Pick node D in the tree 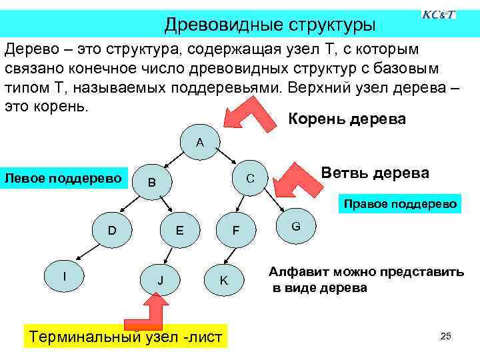113,231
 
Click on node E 179,231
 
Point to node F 235,231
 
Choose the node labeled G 296,227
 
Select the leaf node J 160,281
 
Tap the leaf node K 224,281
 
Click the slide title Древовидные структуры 270,25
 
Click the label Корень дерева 346,119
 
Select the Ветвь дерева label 375,173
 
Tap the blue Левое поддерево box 64,178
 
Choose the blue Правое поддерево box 400,205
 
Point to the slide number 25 446,336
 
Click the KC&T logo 439,15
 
